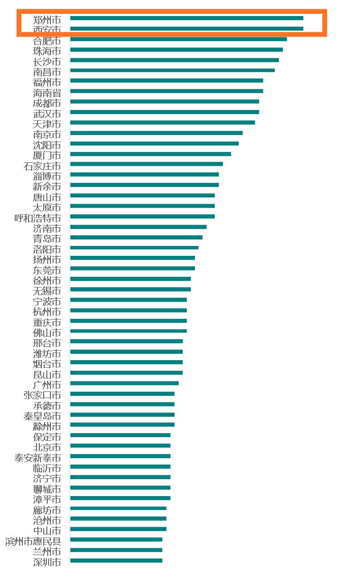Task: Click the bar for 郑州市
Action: pyautogui.click(x=186, y=18)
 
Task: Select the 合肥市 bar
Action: pyautogui.click(x=178, y=39)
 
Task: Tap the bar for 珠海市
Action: pyautogui.click(x=176, y=49)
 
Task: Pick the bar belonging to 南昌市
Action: pyautogui.click(x=172, y=70)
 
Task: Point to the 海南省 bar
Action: pyautogui.click(x=166, y=91)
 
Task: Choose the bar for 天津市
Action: pyautogui.click(x=162, y=123)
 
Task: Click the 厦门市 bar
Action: pyautogui.click(x=150, y=154)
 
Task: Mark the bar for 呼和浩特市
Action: pyautogui.click(x=142, y=217)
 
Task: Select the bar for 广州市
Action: pyautogui.click(x=124, y=383)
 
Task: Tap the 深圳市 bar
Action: pyautogui.click(x=116, y=561)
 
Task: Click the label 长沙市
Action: pyautogui.click(x=47, y=61)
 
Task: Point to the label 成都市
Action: pyautogui.click(x=47, y=103)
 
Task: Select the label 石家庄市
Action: pyautogui.click(x=42, y=166)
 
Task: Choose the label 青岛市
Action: pyautogui.click(x=47, y=238)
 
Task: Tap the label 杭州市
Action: pyautogui.click(x=47, y=312)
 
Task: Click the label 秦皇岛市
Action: pyautogui.click(x=42, y=416)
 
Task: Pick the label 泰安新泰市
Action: pyautogui.click(x=37, y=458)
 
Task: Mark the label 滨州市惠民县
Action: pyautogui.click(x=33, y=541)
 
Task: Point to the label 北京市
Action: pyautogui.click(x=47, y=447)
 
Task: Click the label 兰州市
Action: pyautogui.click(x=47, y=551)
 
